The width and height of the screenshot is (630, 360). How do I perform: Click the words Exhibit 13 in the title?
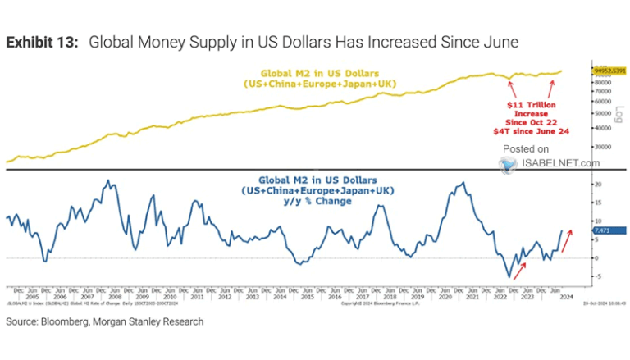(40, 42)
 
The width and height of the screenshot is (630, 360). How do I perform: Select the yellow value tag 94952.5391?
(609, 71)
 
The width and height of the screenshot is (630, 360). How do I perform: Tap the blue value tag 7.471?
(600, 231)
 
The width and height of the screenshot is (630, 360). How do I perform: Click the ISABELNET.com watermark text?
(560, 163)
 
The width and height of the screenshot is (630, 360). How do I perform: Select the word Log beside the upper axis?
(619, 114)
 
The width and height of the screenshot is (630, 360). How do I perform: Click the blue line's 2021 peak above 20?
(463, 183)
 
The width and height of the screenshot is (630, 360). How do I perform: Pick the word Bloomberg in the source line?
(71, 322)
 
